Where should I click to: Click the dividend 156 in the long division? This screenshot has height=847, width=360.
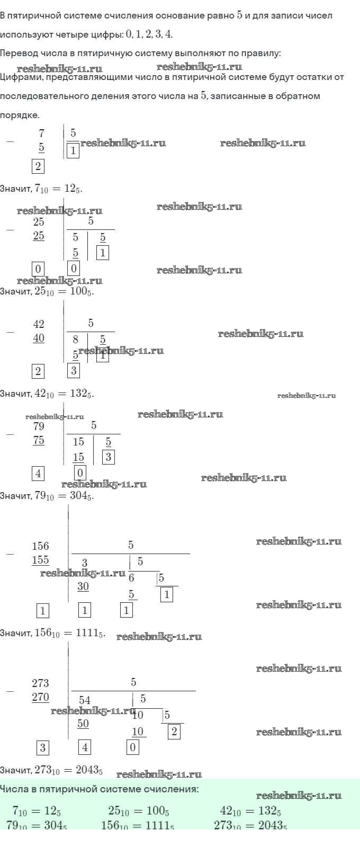coord(40,546)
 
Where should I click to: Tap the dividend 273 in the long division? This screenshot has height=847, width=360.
coord(40,683)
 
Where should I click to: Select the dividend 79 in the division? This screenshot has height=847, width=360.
coord(39,426)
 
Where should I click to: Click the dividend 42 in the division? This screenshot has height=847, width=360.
coord(39,324)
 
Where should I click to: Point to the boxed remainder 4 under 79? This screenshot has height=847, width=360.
coord(38,474)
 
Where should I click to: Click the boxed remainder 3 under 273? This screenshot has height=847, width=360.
coord(43,748)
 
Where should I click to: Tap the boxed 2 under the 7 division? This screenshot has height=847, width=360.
coord(38,166)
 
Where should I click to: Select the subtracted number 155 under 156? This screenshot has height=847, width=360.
coord(40,560)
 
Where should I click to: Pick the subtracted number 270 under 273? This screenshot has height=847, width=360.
coord(40,697)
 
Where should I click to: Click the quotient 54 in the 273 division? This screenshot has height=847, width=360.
coord(85,700)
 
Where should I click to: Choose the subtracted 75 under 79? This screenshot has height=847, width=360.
coord(39,440)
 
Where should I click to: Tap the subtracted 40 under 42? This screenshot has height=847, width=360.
coord(39,338)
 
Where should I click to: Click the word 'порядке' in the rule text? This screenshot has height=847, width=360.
coord(19,115)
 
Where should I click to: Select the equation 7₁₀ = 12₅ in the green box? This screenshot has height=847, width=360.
coord(37,810)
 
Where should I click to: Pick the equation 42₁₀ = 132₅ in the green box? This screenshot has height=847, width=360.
coord(250,810)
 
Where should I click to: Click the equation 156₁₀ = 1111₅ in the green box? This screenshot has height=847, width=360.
coord(137,825)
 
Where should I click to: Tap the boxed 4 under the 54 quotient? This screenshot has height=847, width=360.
coord(85,748)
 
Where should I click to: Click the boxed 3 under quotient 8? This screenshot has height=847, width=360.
coord(74,371)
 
